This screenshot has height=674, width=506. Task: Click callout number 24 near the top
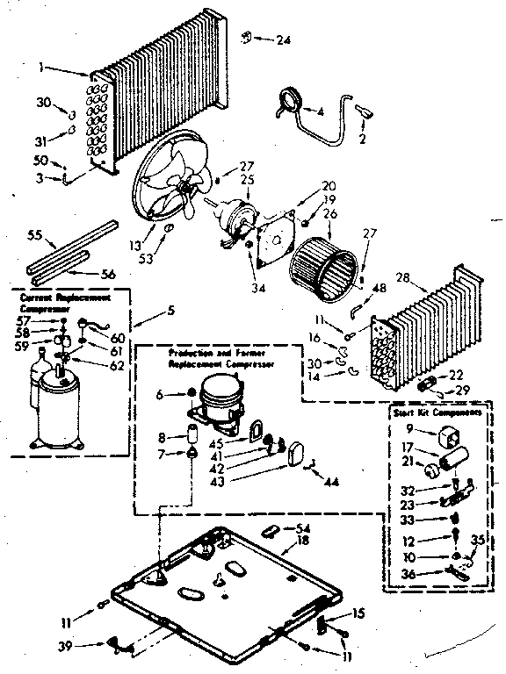click(x=283, y=39)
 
